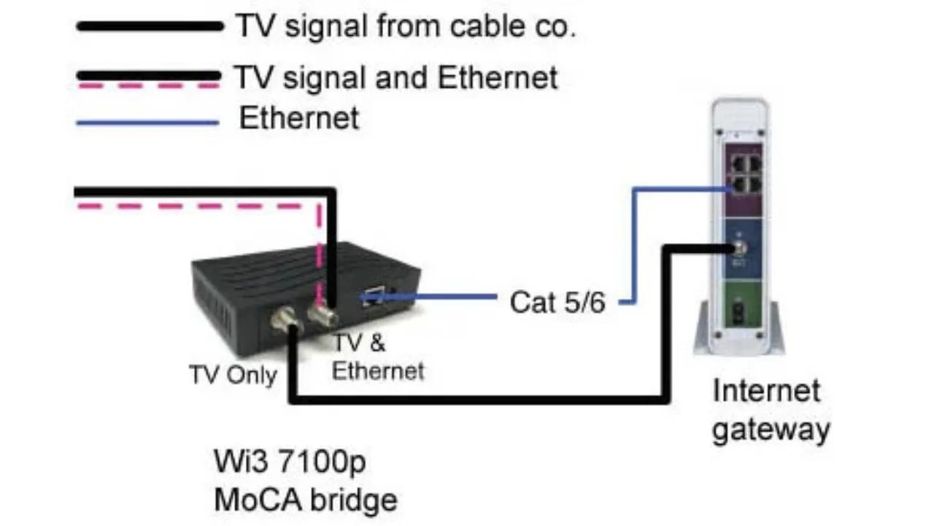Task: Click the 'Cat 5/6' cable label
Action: click(557, 302)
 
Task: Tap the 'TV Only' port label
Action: click(233, 375)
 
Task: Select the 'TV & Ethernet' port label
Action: click(377, 357)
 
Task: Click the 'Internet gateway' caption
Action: click(770, 410)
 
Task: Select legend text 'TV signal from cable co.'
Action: click(406, 26)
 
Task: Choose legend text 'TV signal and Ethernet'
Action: click(395, 77)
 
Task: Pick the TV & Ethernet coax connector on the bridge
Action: click(321, 314)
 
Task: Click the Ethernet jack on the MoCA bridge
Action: click(373, 297)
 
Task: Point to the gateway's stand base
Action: click(739, 343)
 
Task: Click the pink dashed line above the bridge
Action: click(197, 207)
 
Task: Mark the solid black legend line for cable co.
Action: click(150, 26)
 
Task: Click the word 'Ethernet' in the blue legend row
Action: click(299, 118)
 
